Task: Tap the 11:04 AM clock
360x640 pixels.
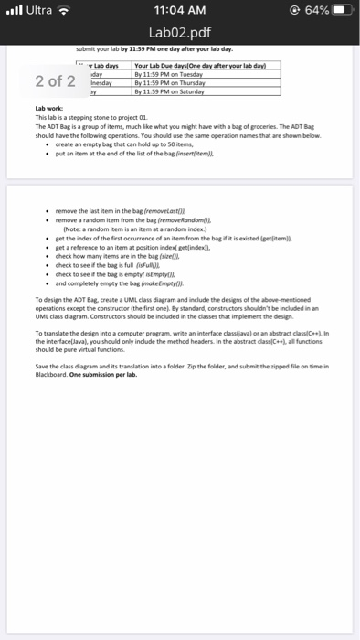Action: coord(180,13)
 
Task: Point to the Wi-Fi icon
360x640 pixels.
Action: coord(65,13)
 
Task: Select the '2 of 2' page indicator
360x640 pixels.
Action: coord(56,80)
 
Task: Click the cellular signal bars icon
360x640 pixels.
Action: coord(13,13)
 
